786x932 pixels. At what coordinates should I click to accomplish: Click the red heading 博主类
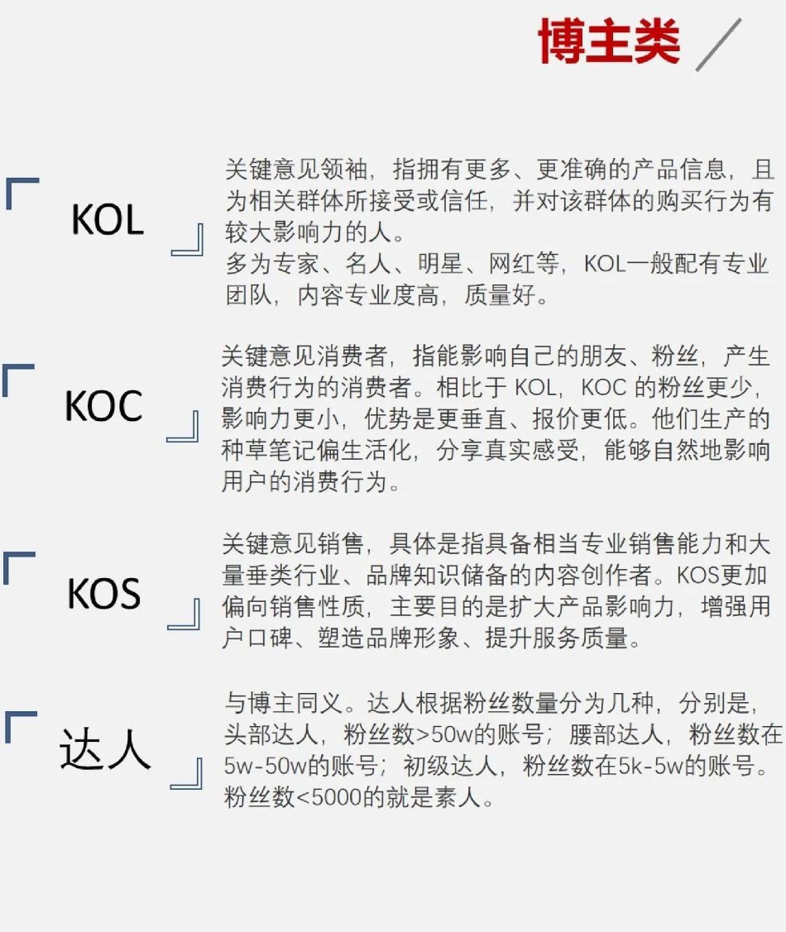tap(608, 41)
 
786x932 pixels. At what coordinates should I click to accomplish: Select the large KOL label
tap(108, 219)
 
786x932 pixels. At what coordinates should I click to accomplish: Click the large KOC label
tap(103, 405)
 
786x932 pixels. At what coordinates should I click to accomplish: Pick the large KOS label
tap(104, 593)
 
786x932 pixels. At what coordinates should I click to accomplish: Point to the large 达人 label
tap(104, 748)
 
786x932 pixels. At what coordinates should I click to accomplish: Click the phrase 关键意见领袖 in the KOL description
tap(296, 170)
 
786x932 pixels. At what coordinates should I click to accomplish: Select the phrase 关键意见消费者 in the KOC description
tap(304, 356)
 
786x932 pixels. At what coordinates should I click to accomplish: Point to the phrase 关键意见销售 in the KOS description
tap(293, 544)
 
